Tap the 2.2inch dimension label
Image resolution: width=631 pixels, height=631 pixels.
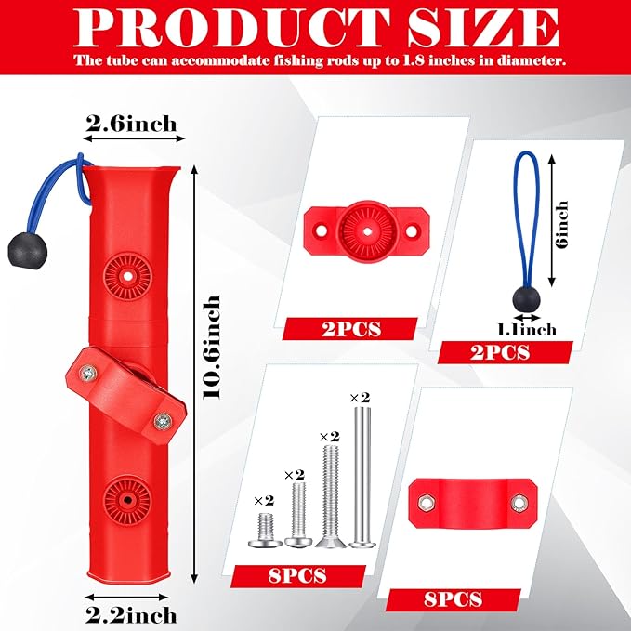pyautogui.click(x=131, y=615)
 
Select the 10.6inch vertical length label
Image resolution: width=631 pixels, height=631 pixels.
pyautogui.click(x=212, y=347)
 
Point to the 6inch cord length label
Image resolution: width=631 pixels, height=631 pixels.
pyautogui.click(x=562, y=224)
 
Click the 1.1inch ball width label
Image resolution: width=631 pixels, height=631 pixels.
pyautogui.click(x=527, y=330)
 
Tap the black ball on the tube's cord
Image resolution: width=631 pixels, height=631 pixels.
pyautogui.click(x=27, y=252)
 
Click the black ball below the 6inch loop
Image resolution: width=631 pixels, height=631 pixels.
pyautogui.click(x=526, y=300)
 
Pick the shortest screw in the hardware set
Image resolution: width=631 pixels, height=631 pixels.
pyautogui.click(x=265, y=529)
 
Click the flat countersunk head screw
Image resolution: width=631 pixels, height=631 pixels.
pyautogui.click(x=331, y=495)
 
